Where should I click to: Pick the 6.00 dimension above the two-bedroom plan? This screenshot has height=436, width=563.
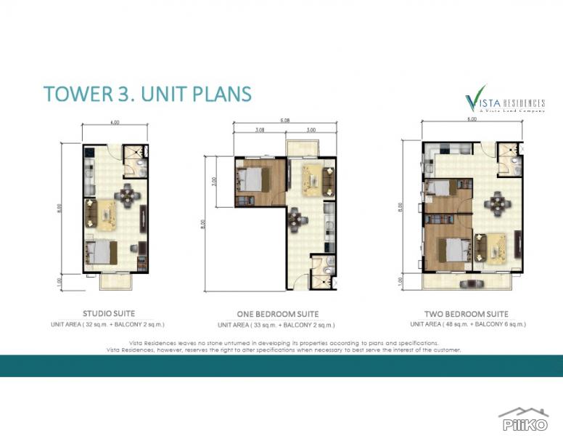(x=472, y=119)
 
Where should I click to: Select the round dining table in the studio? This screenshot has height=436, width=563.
(x=128, y=193)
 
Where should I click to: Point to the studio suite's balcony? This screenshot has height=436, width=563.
(x=114, y=281)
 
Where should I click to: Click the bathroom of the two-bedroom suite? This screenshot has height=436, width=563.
(x=509, y=160)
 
